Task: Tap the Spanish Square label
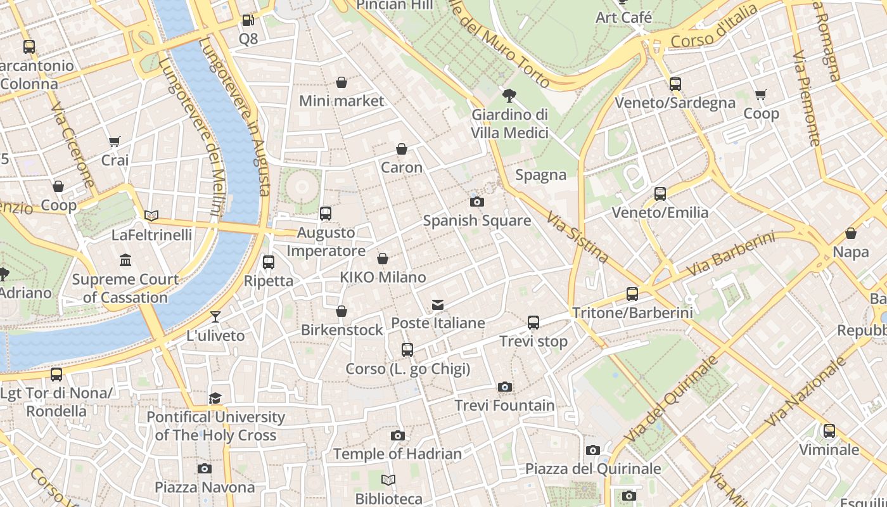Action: tap(476, 221)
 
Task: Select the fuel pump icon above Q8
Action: tap(248, 20)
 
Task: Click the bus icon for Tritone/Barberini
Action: tap(632, 294)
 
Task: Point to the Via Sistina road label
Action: tap(577, 237)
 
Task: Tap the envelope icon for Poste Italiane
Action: tap(438, 305)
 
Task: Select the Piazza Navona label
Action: tap(205, 487)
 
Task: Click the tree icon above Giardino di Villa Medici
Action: tap(508, 96)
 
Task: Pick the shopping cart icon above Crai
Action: tap(114, 142)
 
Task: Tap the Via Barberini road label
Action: tap(730, 253)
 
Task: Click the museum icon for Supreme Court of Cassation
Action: tap(125, 260)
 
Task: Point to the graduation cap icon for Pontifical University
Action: tap(215, 398)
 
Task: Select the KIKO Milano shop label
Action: tap(383, 277)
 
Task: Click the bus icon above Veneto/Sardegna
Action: tap(675, 84)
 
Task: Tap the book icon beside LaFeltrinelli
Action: tap(151, 216)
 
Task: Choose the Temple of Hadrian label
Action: tap(397, 454)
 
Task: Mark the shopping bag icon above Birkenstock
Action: tap(341, 311)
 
